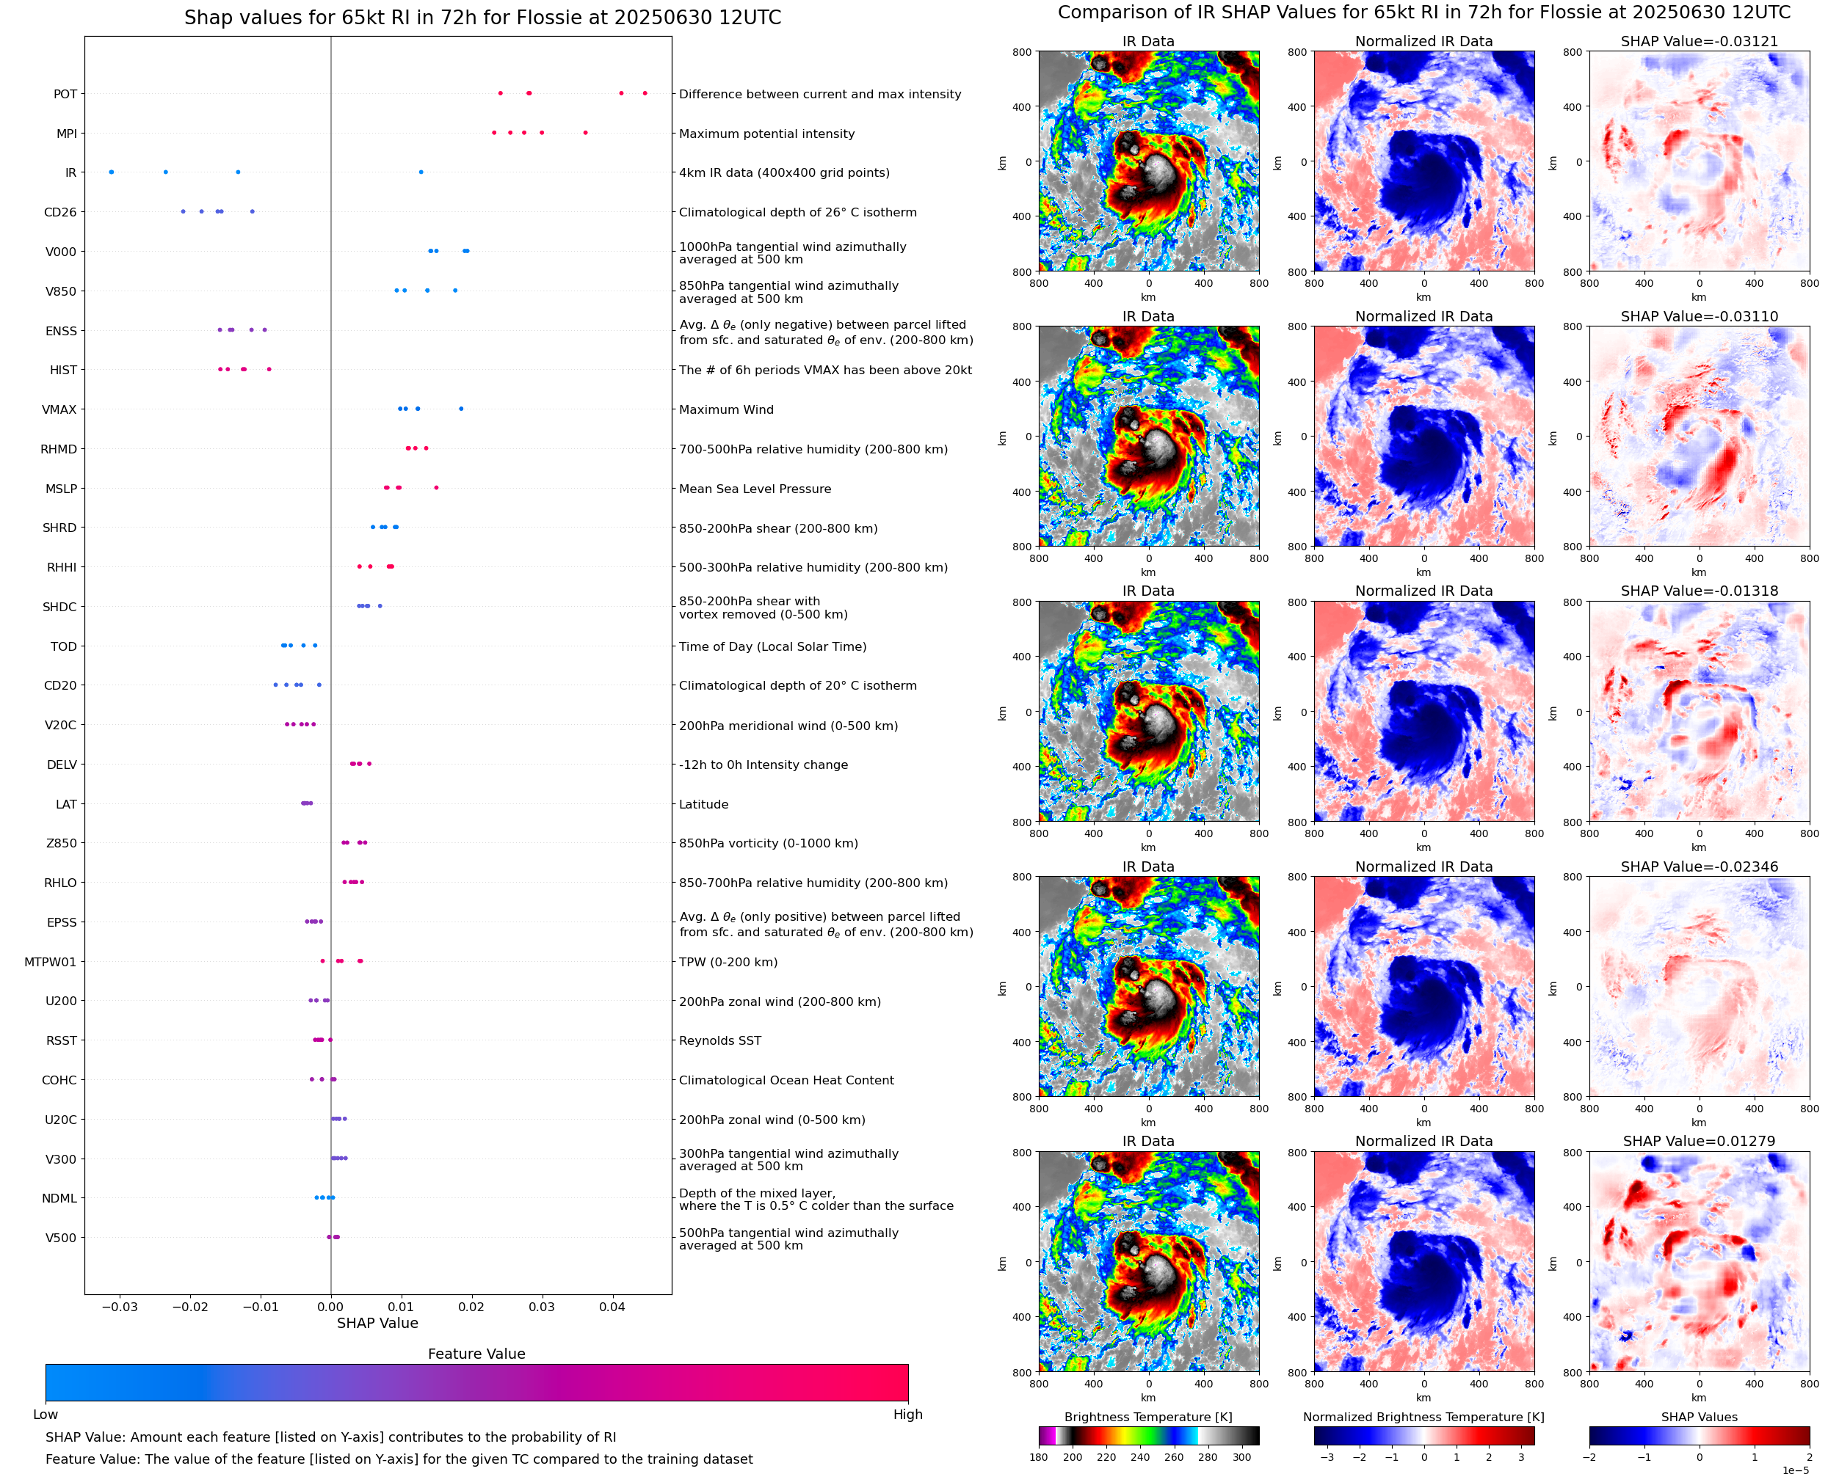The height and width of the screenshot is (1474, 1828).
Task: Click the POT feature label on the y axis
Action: (x=65, y=94)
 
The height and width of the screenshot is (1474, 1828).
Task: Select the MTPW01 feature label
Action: (x=50, y=962)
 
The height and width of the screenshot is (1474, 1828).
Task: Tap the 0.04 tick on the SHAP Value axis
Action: (x=612, y=1307)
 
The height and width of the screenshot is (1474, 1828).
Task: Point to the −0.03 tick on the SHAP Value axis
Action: (x=119, y=1307)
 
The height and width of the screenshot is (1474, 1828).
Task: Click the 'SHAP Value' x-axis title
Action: (x=377, y=1323)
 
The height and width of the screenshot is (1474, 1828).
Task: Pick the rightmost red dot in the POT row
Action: (x=645, y=92)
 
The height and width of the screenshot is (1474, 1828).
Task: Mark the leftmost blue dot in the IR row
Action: (x=112, y=172)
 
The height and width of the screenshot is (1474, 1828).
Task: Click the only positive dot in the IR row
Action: (x=421, y=172)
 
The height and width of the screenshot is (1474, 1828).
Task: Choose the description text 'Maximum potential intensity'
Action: (x=766, y=134)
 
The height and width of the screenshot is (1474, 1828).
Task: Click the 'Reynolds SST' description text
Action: (x=719, y=1041)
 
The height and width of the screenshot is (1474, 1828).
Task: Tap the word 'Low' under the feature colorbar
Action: (x=45, y=1415)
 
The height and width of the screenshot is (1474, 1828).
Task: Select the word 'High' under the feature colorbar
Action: (x=907, y=1415)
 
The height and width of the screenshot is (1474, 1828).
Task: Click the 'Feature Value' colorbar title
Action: (x=476, y=1354)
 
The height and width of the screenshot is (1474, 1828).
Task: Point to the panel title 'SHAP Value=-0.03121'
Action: (x=1699, y=42)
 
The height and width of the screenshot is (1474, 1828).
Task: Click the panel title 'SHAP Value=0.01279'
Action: (x=1699, y=1141)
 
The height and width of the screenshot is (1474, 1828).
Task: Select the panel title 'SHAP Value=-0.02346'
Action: (x=1699, y=867)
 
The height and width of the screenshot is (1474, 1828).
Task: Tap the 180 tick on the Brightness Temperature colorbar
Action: (x=1038, y=1457)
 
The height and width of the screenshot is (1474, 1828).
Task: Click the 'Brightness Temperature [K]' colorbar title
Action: (x=1147, y=1417)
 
